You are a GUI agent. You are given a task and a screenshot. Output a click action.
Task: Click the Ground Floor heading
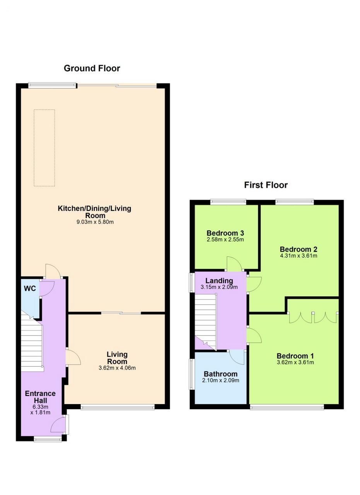pos(92,68)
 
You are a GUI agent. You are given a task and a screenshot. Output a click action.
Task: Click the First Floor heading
pos(266,185)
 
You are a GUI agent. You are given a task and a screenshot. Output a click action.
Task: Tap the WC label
pos(30,288)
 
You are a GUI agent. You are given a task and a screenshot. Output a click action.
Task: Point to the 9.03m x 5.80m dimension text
pos(95,222)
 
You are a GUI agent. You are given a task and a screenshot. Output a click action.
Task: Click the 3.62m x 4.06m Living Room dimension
pos(117,368)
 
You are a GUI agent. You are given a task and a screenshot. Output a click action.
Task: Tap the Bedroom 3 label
pos(225,233)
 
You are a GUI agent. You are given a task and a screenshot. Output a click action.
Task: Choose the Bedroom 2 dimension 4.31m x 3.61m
pos(299,256)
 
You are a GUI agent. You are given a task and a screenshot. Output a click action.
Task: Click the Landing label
pos(219,281)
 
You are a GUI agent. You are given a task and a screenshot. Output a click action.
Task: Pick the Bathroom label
pos(220,374)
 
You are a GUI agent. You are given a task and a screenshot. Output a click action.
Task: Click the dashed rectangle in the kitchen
pos(44,148)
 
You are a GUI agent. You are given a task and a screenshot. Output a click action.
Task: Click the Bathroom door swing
pos(237,358)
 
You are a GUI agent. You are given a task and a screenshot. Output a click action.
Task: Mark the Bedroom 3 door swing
pos(234,263)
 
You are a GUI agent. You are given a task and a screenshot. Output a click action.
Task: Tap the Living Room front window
pos(118,407)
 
